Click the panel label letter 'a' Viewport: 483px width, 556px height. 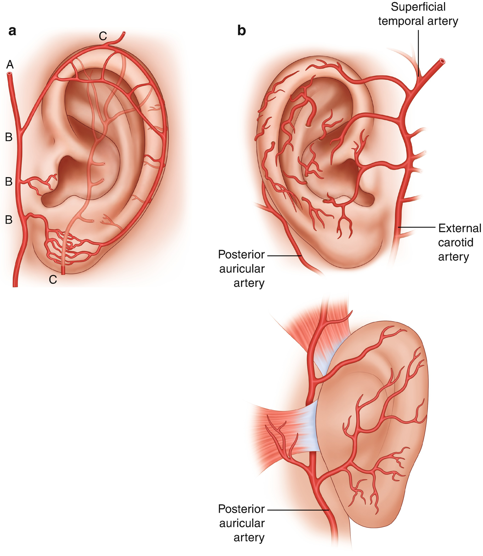(12, 31)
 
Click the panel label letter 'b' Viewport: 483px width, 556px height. (242, 31)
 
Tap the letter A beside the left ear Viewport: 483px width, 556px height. (10, 65)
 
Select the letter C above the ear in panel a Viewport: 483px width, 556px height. (103, 36)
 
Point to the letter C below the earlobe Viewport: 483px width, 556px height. (53, 280)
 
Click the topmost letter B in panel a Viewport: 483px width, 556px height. (9, 137)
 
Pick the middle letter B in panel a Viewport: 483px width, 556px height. (9, 181)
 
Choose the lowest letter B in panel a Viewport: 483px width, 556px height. (9, 220)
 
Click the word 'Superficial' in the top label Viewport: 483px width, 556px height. (418, 7)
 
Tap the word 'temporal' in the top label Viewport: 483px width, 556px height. (401, 21)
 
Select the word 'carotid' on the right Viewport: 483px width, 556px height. (456, 242)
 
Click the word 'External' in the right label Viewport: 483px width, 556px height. (460, 228)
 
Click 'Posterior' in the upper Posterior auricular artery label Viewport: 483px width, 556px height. (241, 254)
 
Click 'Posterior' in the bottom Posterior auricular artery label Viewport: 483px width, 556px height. (241, 509)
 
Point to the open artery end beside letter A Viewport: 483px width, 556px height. (9, 74)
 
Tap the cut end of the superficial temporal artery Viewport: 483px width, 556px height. (442, 61)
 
